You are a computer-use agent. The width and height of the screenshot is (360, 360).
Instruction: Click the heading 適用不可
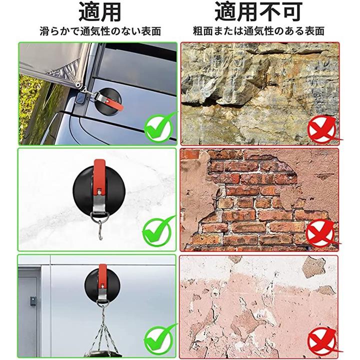coord(258,11)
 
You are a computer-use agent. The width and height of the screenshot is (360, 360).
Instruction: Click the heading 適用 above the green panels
coord(100,12)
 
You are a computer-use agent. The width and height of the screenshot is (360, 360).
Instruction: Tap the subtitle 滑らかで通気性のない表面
coord(100,31)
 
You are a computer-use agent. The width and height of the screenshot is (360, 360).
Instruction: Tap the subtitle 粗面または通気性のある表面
coord(258,31)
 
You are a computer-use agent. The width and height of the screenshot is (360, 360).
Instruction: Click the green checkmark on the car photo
coord(159,127)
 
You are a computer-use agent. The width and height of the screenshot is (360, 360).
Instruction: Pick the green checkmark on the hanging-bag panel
coord(159,340)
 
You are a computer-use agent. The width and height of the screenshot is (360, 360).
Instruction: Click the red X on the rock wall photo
coord(322,129)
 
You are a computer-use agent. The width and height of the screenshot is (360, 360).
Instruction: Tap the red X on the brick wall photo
coord(321,233)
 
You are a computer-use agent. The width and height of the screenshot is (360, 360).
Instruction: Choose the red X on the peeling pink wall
coord(322,341)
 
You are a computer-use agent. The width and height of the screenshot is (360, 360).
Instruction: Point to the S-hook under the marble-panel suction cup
coord(100,230)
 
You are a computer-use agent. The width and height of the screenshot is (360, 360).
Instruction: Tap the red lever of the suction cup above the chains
coord(102,276)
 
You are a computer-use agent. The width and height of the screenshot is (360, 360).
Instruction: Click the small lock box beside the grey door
coord(33,301)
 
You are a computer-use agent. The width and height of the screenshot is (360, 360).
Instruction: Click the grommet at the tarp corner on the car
coord(79,85)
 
